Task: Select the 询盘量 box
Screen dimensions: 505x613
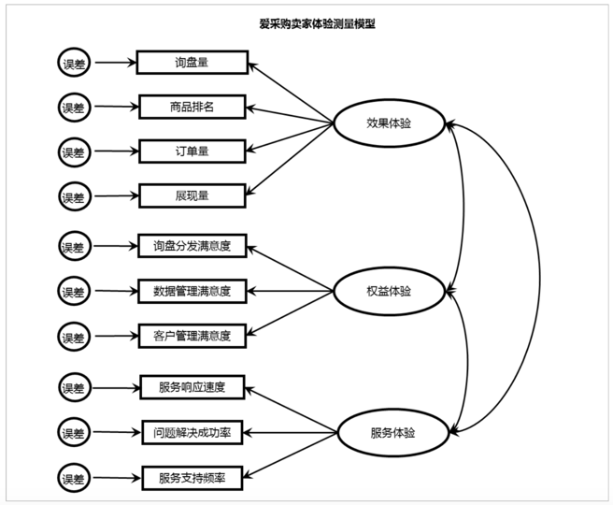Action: point(192,63)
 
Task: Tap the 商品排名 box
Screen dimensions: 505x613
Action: point(192,107)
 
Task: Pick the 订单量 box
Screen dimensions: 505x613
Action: point(192,151)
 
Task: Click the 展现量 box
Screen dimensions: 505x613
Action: point(192,195)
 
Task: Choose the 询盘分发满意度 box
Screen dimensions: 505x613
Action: point(192,247)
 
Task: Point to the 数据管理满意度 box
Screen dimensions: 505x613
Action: point(192,291)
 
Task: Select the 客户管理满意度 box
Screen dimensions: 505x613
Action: point(192,335)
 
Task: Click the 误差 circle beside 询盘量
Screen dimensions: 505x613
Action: point(73,64)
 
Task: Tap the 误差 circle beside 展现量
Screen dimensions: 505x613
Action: point(73,196)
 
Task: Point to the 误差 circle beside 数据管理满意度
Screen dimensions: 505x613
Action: point(73,291)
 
